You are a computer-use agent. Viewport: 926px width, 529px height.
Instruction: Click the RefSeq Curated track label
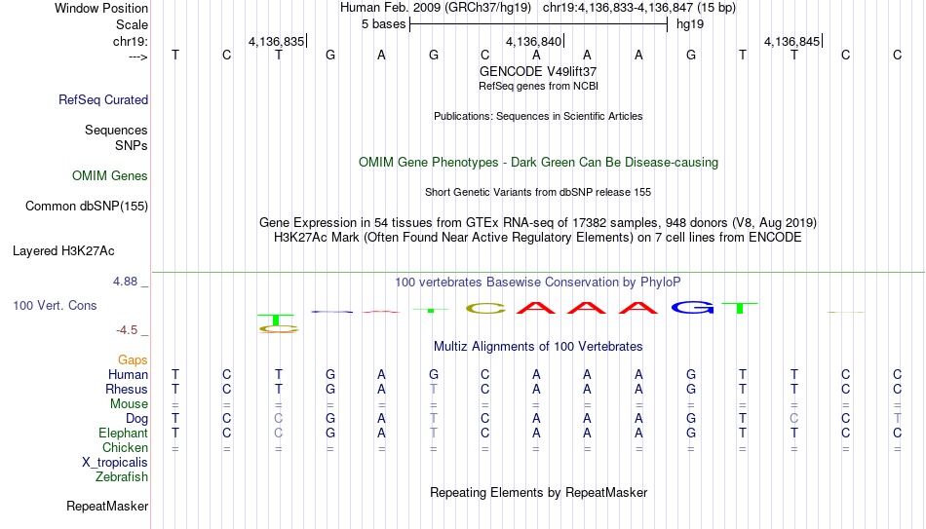(103, 99)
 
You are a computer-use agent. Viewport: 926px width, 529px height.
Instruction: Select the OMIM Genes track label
(110, 176)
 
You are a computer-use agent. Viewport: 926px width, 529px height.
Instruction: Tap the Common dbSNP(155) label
(87, 207)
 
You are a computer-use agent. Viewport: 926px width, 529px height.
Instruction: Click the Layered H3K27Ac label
(63, 251)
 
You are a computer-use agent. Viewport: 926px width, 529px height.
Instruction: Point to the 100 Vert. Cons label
(55, 305)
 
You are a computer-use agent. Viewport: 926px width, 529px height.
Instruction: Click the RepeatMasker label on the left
(107, 506)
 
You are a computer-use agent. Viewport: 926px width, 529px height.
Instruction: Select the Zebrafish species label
(122, 476)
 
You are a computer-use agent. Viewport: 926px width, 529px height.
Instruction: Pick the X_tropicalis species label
(115, 463)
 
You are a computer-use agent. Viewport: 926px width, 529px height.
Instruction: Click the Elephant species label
(124, 433)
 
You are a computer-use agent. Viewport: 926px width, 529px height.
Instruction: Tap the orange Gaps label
(133, 359)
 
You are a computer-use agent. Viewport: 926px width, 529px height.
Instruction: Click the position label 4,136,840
(534, 41)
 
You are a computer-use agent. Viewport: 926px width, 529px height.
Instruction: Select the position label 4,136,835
(277, 41)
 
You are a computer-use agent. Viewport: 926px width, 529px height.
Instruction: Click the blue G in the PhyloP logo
(692, 307)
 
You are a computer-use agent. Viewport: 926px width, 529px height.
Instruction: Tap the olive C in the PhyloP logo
(485, 308)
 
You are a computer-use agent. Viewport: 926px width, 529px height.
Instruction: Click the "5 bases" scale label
(384, 24)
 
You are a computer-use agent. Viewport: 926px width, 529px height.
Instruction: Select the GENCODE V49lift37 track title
(538, 71)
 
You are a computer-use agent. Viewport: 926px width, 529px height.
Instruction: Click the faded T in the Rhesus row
(434, 389)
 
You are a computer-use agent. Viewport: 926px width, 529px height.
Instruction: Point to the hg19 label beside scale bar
(690, 24)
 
